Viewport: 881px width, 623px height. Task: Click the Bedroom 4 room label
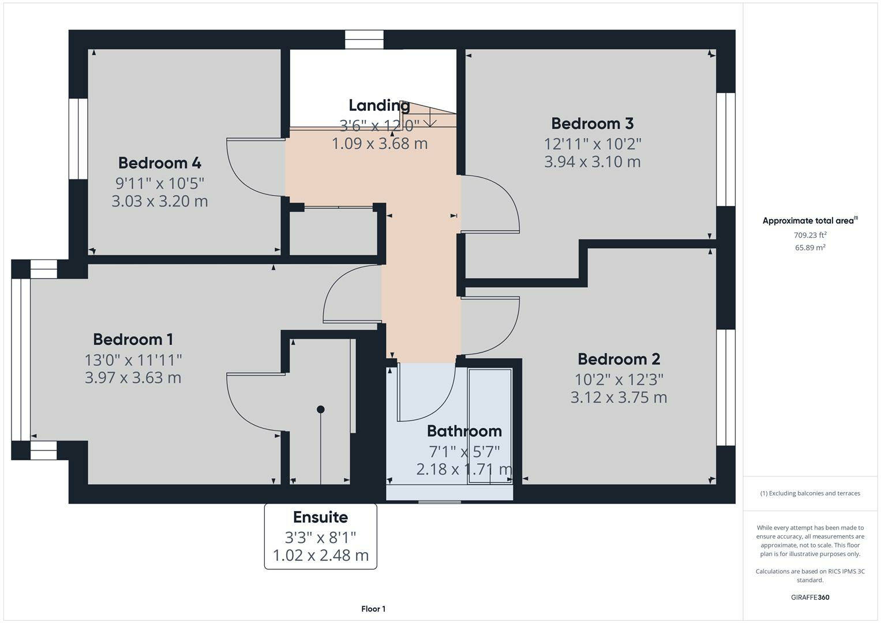[x=160, y=163]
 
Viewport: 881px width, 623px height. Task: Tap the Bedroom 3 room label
[x=593, y=123]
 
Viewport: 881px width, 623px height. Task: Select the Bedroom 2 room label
[x=618, y=359]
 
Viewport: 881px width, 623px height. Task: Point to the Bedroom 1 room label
[x=133, y=339]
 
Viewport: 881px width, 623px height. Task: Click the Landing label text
[x=379, y=105]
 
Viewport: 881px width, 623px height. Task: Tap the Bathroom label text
[x=464, y=431]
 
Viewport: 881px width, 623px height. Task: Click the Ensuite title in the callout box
[x=320, y=517]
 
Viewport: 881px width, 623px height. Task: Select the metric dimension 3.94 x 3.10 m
[x=593, y=162]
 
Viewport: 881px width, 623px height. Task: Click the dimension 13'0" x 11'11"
[x=133, y=360]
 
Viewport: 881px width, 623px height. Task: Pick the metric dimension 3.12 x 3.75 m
[x=618, y=397]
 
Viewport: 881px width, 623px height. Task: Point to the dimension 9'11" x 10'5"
[x=160, y=183]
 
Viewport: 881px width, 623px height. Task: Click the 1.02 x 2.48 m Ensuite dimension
[x=320, y=556]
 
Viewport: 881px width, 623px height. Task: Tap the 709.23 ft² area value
[x=810, y=235]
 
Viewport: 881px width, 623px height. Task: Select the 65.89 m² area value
[x=810, y=247]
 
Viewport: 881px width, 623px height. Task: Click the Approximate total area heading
[x=809, y=220]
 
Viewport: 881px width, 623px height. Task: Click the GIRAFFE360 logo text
[x=810, y=597]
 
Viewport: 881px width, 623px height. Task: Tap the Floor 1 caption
[x=373, y=609]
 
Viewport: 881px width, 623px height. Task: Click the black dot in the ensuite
[x=321, y=410]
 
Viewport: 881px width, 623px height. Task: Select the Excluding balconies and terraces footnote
[x=810, y=493]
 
